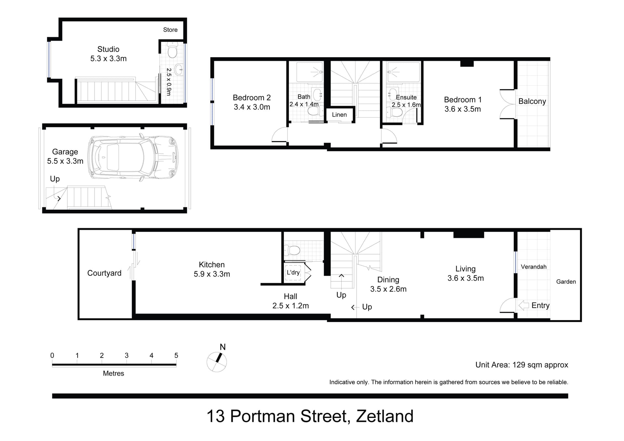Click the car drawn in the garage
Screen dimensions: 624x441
[x=133, y=158]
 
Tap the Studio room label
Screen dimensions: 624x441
[x=108, y=49]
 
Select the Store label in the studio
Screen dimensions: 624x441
[x=170, y=30]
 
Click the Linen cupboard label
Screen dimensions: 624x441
[x=339, y=115]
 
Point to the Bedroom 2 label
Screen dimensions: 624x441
[x=252, y=98]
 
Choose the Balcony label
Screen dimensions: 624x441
[x=532, y=101]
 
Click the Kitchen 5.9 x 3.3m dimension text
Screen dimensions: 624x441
[x=212, y=274]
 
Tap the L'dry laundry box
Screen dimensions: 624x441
[x=293, y=272]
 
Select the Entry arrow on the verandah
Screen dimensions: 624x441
[x=524, y=305]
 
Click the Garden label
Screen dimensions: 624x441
[x=566, y=282]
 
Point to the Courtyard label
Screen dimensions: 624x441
[x=104, y=273]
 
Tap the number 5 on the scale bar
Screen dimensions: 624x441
[x=176, y=356]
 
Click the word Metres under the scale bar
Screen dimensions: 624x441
[x=113, y=373]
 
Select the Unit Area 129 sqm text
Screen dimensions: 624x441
[x=522, y=365]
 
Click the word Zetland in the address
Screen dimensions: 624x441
[x=385, y=416]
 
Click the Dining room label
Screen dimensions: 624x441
[x=388, y=280]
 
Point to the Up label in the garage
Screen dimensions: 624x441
[x=55, y=179]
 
